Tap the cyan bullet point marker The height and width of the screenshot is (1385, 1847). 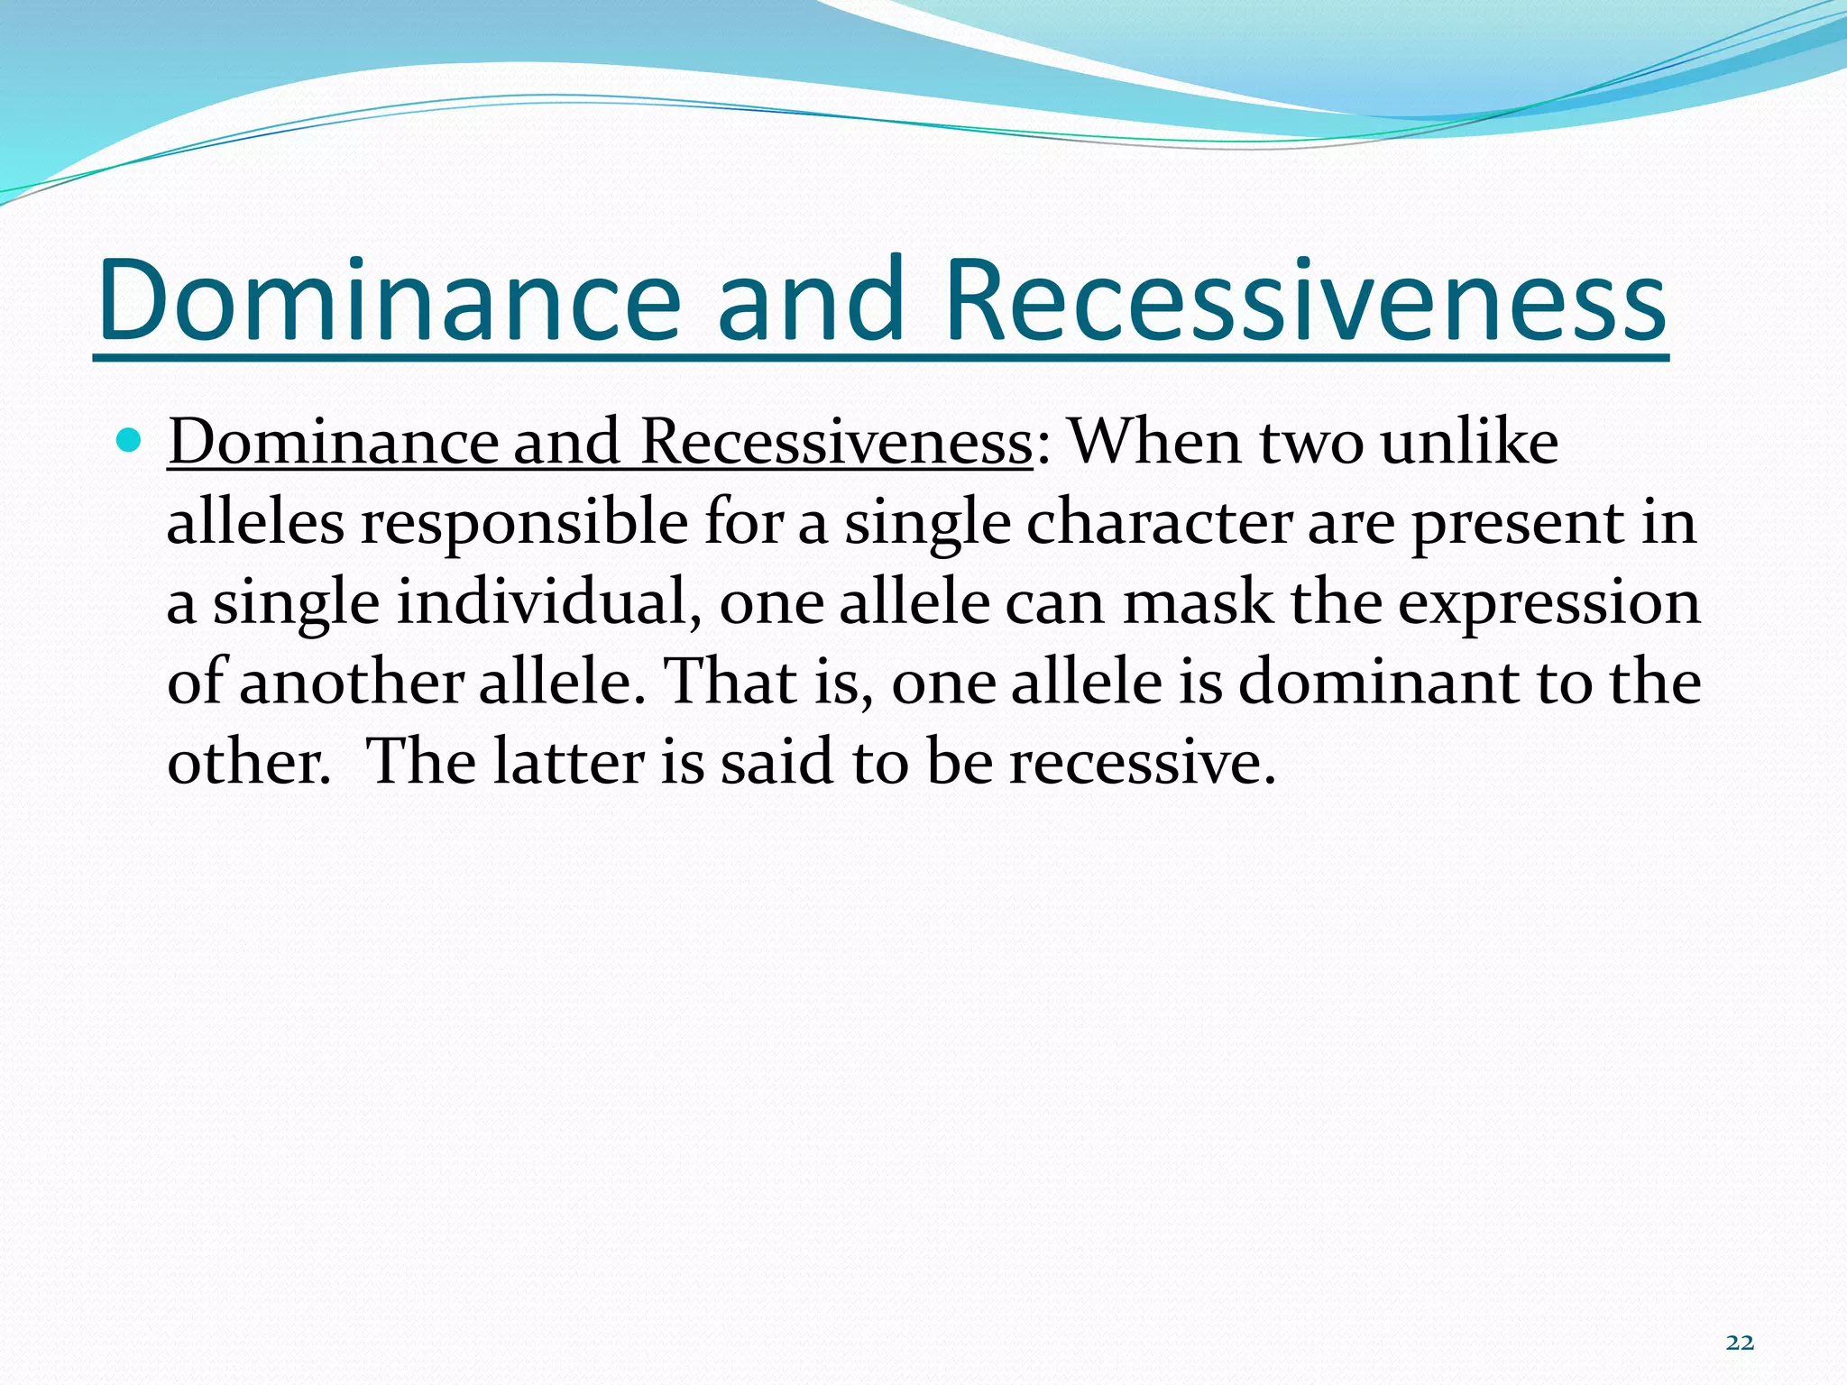[x=131, y=442]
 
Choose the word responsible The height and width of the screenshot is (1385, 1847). [x=524, y=523]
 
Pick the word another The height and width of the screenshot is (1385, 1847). [x=352, y=682]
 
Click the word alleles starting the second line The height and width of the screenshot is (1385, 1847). [x=255, y=523]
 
